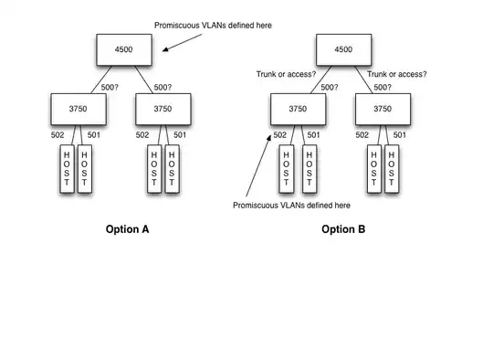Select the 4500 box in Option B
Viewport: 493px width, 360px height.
[343, 49]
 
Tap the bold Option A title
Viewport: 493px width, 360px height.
[127, 229]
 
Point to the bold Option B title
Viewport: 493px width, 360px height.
[343, 229]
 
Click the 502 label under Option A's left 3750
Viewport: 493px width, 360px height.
[57, 135]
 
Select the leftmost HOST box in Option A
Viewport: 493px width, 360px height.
[66, 169]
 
